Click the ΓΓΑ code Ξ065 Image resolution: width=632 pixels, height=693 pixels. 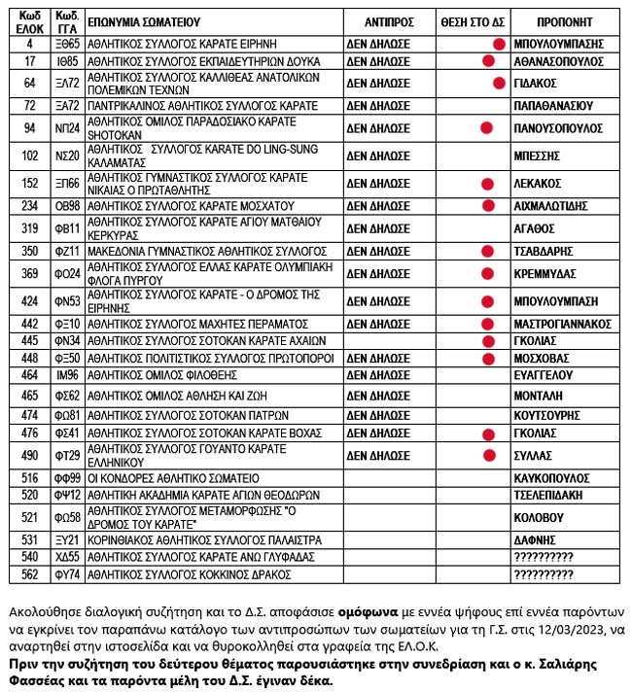pos(67,44)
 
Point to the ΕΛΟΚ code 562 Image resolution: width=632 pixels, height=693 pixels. pos(29,574)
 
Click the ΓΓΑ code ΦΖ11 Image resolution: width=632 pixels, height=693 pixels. pos(67,251)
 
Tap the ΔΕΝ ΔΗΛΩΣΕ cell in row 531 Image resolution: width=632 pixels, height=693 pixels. pos(378,539)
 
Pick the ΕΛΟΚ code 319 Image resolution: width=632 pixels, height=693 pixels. pos(29,228)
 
